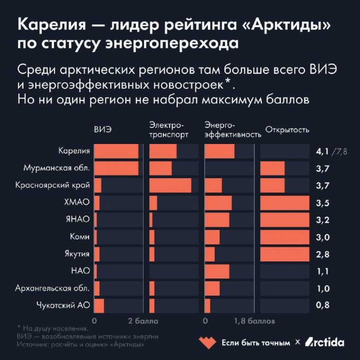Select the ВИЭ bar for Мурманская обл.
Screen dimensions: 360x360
(116, 168)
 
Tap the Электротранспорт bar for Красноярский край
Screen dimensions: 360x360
(170, 185)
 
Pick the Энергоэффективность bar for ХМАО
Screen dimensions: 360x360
(218, 203)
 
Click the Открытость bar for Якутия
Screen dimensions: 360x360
(285, 254)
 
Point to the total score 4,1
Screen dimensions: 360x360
(322, 152)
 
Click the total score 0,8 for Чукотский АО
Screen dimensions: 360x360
(322, 305)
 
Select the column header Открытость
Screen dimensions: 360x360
(288, 129)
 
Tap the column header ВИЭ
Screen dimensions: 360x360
(103, 129)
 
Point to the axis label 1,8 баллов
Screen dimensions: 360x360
(254, 322)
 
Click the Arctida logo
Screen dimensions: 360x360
(324, 342)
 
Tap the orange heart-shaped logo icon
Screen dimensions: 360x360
(207, 342)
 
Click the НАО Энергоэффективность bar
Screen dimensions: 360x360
(216, 271)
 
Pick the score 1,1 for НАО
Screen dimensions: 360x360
(322, 271)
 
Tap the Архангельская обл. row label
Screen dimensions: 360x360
(53, 288)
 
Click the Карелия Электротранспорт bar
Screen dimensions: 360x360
(163, 151)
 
